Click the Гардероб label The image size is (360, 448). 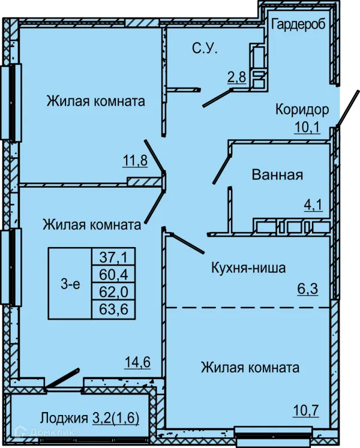(x=298, y=25)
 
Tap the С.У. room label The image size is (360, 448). (x=205, y=49)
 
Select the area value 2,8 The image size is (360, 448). (x=237, y=77)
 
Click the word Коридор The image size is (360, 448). (x=302, y=109)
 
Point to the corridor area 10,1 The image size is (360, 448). (x=307, y=127)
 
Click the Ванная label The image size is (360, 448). (x=277, y=175)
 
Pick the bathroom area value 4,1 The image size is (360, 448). (x=314, y=205)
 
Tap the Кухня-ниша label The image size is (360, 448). (x=248, y=268)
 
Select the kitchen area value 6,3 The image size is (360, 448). (x=308, y=289)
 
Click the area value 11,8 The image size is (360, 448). (x=135, y=160)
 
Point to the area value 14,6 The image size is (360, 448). (x=137, y=362)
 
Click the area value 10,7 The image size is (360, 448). (x=306, y=411)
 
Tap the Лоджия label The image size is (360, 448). (x=64, y=418)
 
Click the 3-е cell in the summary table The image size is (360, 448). (x=70, y=284)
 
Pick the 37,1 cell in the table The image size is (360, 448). (x=113, y=257)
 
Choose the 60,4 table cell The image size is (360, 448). (x=113, y=274)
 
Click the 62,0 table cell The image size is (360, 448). (x=113, y=291)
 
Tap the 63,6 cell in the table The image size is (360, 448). (x=113, y=309)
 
